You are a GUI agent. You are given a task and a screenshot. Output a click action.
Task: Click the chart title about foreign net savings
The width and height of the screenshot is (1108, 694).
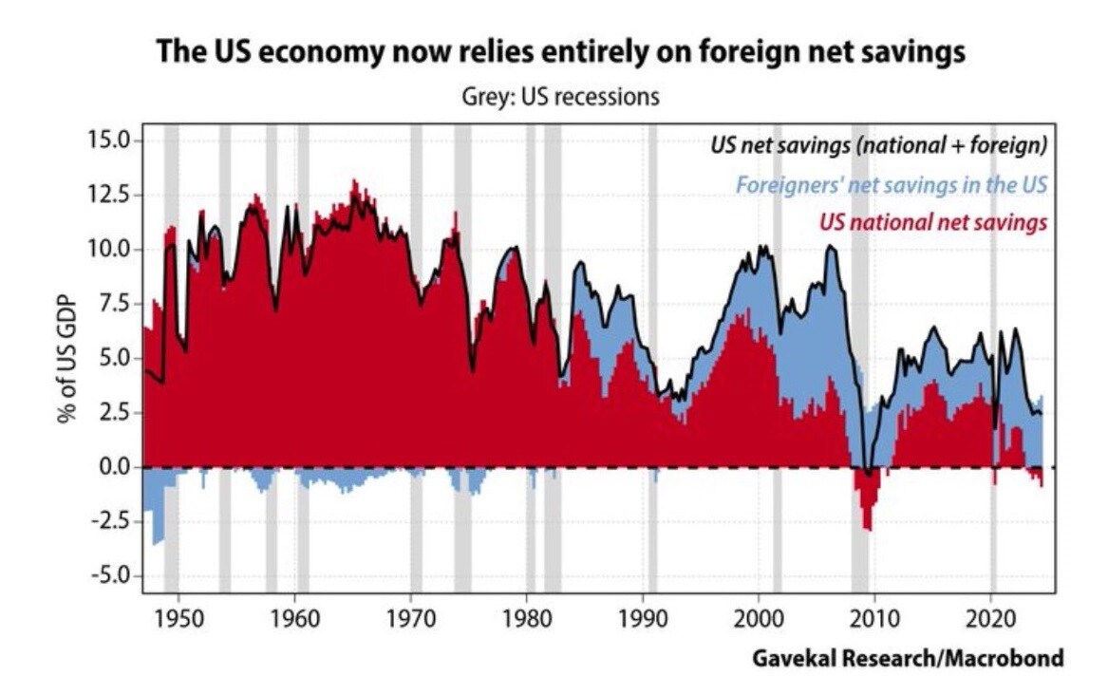[x=560, y=51]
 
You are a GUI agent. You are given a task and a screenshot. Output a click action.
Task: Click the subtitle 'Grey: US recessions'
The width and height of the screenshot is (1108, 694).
[x=559, y=98]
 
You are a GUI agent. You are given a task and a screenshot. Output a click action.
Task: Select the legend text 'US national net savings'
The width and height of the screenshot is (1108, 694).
[x=932, y=222]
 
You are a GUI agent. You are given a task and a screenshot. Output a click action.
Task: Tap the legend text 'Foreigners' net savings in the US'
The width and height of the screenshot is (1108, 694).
[x=892, y=184]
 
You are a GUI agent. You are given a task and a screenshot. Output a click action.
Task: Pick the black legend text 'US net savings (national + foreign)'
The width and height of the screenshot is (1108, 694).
[x=879, y=145]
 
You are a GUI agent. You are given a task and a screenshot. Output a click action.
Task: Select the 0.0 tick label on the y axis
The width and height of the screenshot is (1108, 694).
[x=111, y=468]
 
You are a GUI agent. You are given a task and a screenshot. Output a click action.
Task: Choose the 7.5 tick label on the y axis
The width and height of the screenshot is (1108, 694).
[x=111, y=304]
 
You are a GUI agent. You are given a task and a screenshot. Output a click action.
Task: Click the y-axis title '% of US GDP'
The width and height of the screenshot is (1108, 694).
[x=66, y=358]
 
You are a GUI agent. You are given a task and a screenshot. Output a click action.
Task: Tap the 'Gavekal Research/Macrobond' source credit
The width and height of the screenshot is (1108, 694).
[x=908, y=658]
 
